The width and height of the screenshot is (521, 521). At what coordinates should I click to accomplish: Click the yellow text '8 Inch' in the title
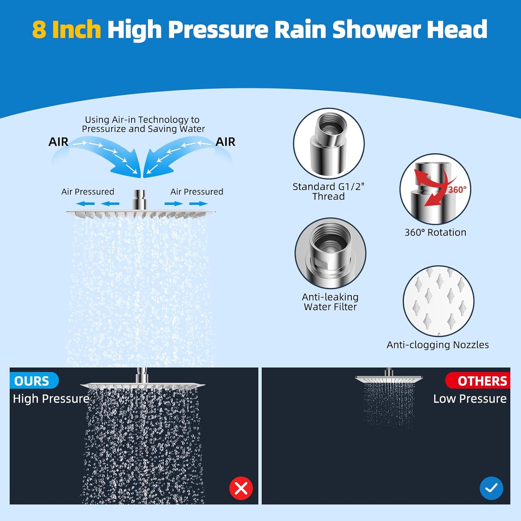tap(66, 29)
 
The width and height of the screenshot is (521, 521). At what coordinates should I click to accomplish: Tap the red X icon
tap(241, 488)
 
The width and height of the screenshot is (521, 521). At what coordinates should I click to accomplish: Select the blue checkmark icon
tap(491, 488)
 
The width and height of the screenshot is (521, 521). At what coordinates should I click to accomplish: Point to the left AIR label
tap(58, 142)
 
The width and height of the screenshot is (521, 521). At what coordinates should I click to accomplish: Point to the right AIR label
tap(225, 142)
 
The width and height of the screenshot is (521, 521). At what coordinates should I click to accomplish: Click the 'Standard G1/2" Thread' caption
tap(328, 191)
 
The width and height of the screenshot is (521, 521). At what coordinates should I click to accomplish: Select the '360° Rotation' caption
tap(435, 232)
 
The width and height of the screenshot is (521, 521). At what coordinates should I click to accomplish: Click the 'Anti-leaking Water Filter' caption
tap(330, 302)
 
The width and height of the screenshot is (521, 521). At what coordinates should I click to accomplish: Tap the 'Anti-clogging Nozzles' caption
tap(438, 345)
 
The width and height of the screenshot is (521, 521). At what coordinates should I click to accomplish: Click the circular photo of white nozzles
tap(438, 301)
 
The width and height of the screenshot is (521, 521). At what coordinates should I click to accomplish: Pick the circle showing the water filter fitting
tap(330, 253)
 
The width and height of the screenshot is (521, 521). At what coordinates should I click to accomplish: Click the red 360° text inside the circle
tap(457, 190)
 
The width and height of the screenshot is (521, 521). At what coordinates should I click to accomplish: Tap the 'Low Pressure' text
tap(470, 399)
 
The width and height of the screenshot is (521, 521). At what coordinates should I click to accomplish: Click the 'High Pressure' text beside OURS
tap(51, 399)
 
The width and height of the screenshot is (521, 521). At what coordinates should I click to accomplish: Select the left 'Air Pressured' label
tap(88, 192)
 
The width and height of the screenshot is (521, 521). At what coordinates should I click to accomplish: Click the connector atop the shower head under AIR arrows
tap(139, 199)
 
